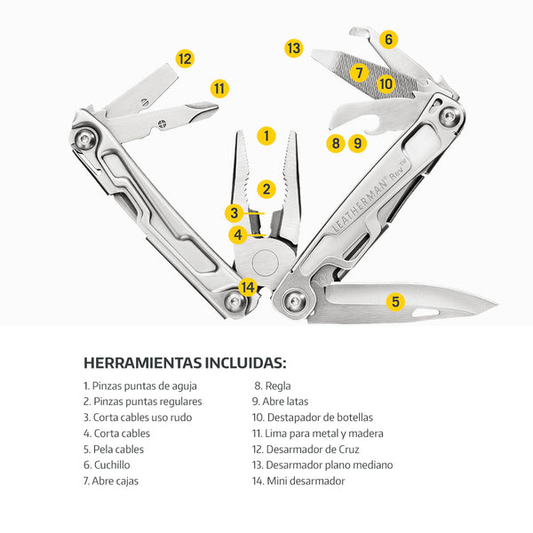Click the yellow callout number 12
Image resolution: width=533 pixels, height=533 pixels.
coord(185,59)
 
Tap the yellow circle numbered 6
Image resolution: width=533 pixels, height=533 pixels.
coord(388,39)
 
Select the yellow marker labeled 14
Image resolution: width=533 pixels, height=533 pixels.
coord(248,287)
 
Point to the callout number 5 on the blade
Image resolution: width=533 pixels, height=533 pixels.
coord(395,301)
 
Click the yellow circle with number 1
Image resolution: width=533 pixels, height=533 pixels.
coord(266,136)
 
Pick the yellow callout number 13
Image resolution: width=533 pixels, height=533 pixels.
coord(294,48)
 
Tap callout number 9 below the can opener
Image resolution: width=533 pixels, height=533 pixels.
coord(357,143)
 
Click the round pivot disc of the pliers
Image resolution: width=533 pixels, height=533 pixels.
coord(265,262)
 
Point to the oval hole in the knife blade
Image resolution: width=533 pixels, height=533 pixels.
coord(425,312)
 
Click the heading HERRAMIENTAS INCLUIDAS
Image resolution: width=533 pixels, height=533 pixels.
coord(185,362)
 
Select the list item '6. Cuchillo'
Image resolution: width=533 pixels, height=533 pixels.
coord(107,465)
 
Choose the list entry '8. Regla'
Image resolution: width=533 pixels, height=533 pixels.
coord(273,386)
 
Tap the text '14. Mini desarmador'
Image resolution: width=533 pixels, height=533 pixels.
coord(298,481)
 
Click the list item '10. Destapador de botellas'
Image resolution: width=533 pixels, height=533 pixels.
coord(313,418)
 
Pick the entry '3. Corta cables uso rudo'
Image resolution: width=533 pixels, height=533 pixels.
coord(138,418)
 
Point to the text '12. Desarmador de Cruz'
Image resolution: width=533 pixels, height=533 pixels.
coord(306,449)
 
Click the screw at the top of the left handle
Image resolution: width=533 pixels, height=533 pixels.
coord(84,139)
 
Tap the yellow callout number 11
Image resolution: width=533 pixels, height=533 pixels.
coord(219,89)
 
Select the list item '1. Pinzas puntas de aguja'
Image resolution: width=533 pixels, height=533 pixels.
coord(140,386)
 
